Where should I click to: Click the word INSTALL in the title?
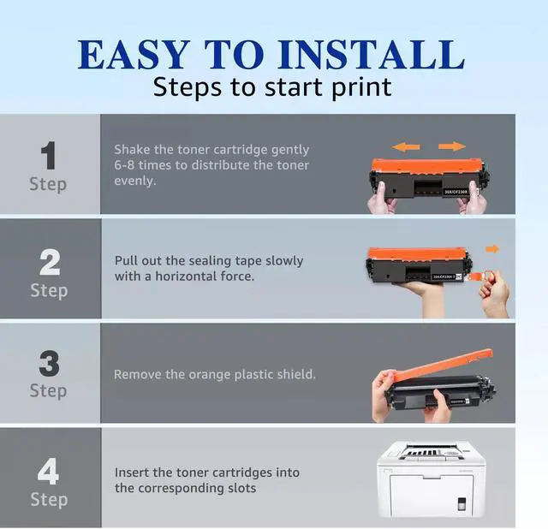[371, 54]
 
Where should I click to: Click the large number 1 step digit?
[49, 155]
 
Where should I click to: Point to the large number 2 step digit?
[50, 262]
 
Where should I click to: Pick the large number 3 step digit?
[49, 364]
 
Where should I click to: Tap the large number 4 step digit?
[48, 471]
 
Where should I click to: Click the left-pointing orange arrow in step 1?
[406, 146]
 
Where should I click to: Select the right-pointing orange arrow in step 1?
[452, 146]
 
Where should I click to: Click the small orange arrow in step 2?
[492, 249]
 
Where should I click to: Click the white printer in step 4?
[432, 478]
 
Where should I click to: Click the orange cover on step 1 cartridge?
[427, 166]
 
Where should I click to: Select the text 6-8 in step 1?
[124, 165]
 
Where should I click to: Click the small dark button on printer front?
[462, 503]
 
